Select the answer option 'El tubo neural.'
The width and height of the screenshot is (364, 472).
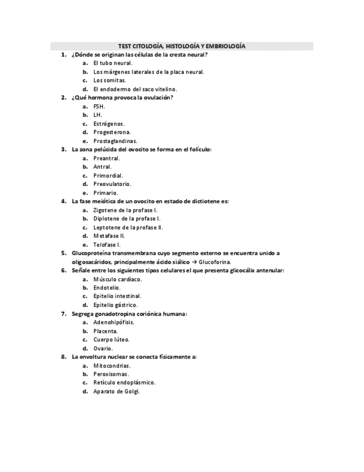(x=112, y=63)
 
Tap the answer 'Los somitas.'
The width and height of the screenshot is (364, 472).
(x=109, y=81)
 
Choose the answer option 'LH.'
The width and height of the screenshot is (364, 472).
(x=98, y=115)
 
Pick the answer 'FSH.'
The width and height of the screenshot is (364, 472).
(x=99, y=106)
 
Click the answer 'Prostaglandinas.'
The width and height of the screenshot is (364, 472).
(x=115, y=141)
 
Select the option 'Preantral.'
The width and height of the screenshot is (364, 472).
(x=107, y=158)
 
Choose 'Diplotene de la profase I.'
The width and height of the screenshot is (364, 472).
(x=127, y=218)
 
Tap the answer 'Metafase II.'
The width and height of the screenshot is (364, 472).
(x=109, y=235)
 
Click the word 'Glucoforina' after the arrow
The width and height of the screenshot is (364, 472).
(x=215, y=262)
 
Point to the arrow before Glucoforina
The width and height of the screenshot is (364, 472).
(x=193, y=262)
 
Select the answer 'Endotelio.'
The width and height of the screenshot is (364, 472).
(x=107, y=287)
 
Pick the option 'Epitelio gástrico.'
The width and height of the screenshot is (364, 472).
(x=116, y=304)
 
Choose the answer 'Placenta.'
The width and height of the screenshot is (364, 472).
(x=106, y=331)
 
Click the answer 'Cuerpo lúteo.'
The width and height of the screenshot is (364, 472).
(x=111, y=339)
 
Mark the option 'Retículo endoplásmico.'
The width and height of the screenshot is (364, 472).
(x=124, y=382)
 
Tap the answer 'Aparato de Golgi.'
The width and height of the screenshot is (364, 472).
(x=116, y=391)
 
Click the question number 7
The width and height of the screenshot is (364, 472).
(x=63, y=313)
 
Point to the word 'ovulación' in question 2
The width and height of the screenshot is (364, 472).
(x=157, y=98)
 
